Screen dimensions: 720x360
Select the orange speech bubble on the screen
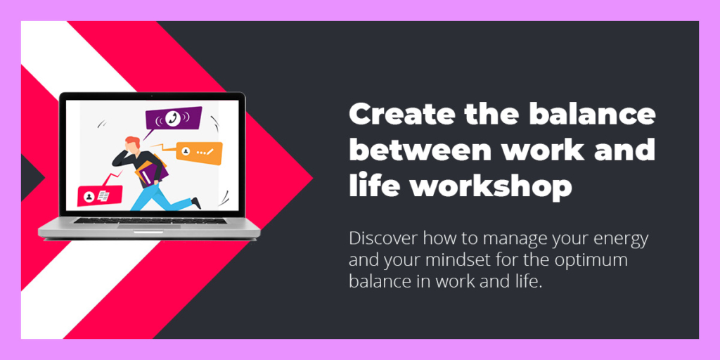[x=198, y=153]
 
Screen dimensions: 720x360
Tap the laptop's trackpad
[x=149, y=226]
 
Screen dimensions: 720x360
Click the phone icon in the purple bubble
[x=173, y=117]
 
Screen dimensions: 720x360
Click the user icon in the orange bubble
[x=186, y=151]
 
